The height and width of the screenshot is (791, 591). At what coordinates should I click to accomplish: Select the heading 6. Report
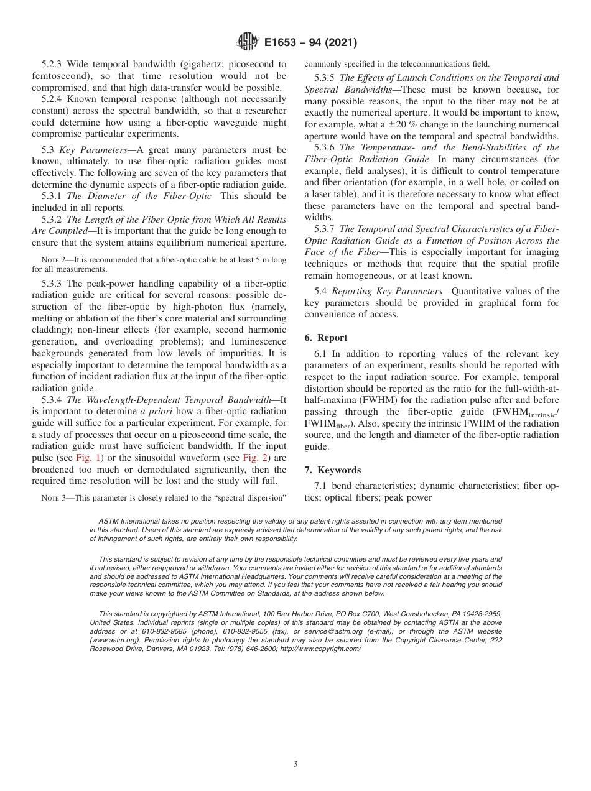325,338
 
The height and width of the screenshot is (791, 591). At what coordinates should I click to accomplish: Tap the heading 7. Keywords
333,470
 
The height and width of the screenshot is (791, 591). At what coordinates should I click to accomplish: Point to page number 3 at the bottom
295,764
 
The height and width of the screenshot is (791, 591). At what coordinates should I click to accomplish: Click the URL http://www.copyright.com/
320,648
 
